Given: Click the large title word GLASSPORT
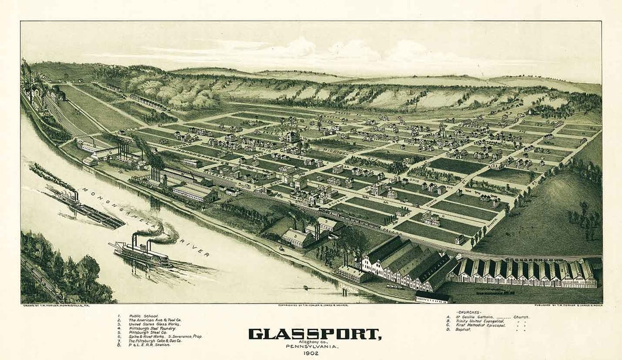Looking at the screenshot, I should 314,334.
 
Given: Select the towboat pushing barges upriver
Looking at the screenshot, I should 69,199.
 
